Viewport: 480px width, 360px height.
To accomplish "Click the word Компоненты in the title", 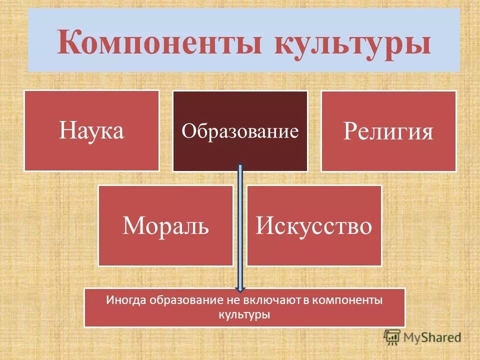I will point(161,42).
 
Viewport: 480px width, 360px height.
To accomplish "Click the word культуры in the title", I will point(352,42).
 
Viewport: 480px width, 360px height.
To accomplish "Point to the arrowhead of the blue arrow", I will point(240,287).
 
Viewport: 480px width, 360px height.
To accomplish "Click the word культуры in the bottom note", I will point(244,315).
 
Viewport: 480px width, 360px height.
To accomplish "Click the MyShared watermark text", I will point(432,337).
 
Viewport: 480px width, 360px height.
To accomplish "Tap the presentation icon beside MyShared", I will point(392,336).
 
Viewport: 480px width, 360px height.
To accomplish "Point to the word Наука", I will point(91,131).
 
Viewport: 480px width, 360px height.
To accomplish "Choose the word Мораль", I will point(165,226).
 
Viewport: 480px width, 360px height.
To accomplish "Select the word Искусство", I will point(314,226).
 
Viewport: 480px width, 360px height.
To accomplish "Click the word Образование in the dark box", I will point(240,131).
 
